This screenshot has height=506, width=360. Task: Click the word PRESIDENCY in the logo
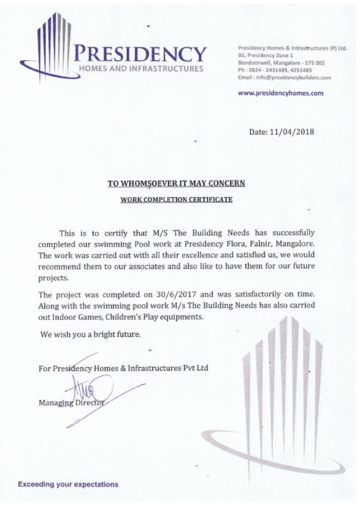tap(141, 53)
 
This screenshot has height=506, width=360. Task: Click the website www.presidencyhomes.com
tap(280, 93)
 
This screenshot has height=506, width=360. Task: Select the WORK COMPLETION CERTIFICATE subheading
tap(176, 200)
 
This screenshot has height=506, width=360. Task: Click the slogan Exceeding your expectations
tap(67, 485)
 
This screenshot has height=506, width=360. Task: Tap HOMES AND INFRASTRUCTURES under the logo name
tap(141, 69)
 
